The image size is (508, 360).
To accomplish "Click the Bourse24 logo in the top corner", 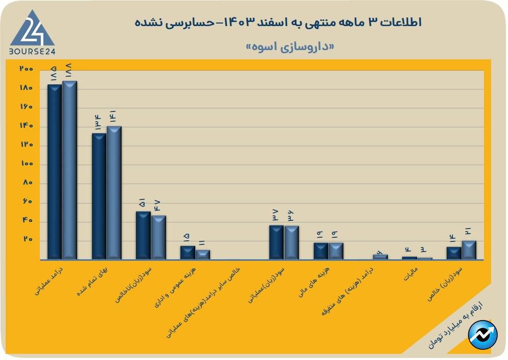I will tap(32, 32).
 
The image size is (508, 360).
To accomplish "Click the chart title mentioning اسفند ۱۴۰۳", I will tap(279, 22).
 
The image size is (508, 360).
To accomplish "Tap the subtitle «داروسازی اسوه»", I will tap(290, 47).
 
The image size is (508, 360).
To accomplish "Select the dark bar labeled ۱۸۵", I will tap(55, 172).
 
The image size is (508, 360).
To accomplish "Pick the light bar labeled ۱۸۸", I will tap(70, 170).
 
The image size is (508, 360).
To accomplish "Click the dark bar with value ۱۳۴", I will tap(99, 196).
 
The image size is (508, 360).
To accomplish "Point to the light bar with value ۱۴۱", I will tap(114, 193).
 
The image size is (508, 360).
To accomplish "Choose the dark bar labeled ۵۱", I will tap(143, 235).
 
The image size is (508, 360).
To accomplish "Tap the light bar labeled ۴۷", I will tap(158, 237).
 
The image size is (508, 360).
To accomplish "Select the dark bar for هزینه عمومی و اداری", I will tap(188, 253).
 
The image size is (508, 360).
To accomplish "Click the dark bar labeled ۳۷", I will tap(276, 242).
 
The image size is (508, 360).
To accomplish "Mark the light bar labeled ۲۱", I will tap(469, 250).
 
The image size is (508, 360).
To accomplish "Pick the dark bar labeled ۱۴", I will tap(454, 253).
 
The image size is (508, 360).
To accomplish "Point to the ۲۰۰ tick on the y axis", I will tap(26, 69).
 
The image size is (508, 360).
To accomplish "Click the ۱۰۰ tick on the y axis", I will tap(26, 164).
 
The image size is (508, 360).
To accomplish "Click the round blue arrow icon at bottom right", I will tap(483, 335).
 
